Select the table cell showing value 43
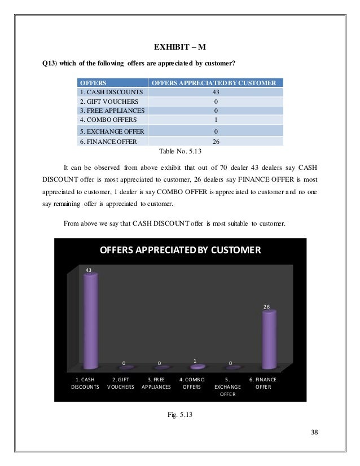click(x=215, y=92)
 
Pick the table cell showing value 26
click(x=215, y=142)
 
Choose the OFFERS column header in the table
click(x=94, y=82)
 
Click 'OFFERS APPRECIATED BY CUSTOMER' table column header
click(x=215, y=82)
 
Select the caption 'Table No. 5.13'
click(x=180, y=151)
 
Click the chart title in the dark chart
click(x=180, y=249)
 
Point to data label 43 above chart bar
click(x=89, y=270)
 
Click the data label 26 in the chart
click(x=266, y=306)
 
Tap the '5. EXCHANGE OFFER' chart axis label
click(x=227, y=387)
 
